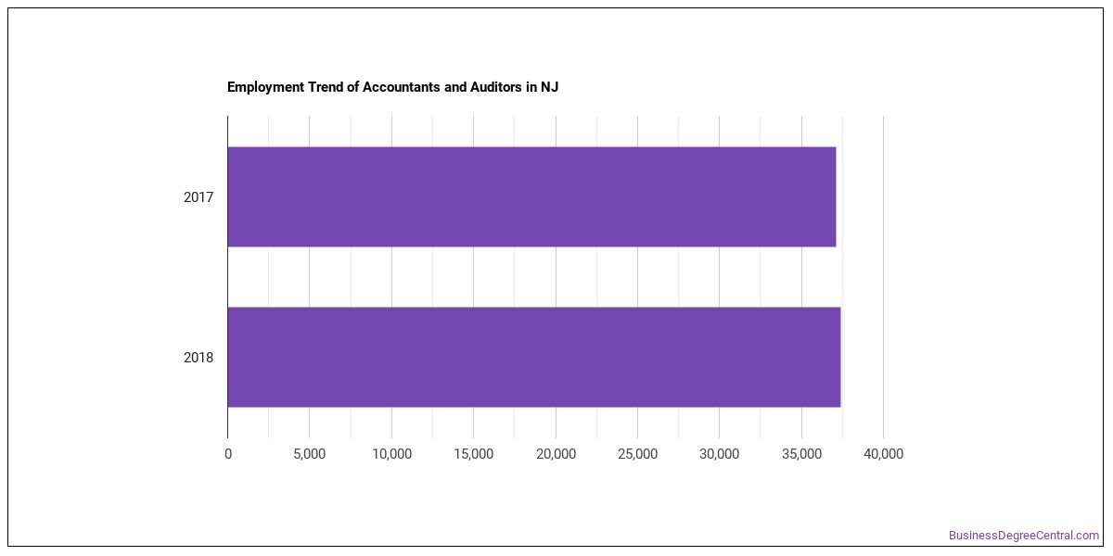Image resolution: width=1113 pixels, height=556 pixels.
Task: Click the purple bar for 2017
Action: click(531, 196)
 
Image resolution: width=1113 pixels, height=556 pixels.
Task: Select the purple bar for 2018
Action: click(534, 357)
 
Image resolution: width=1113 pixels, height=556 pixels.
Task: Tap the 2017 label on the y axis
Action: click(198, 197)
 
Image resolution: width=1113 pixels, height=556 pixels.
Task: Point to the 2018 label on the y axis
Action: click(198, 358)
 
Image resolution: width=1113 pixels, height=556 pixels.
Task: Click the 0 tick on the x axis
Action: click(228, 454)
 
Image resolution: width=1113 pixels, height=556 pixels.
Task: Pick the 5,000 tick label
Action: click(309, 454)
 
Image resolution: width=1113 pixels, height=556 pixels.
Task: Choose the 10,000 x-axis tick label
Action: click(392, 454)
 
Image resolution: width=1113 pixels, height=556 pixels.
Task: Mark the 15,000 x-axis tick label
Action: click(474, 454)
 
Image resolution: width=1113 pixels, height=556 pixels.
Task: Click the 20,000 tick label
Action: click(556, 454)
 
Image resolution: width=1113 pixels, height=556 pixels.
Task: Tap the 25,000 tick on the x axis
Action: click(637, 454)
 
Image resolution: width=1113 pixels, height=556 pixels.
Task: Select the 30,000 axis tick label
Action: click(719, 454)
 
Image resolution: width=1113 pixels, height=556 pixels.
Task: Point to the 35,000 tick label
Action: click(801, 454)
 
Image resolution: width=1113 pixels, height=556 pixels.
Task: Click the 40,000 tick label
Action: click(883, 454)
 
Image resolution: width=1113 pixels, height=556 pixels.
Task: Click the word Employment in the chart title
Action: click(266, 87)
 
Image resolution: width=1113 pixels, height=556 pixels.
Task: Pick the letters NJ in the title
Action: click(549, 87)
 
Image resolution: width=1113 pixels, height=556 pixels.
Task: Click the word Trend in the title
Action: click(326, 87)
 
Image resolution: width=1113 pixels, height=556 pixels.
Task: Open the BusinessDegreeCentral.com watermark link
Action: click(1024, 536)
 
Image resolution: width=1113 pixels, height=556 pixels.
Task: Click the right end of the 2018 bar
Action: click(840, 357)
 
